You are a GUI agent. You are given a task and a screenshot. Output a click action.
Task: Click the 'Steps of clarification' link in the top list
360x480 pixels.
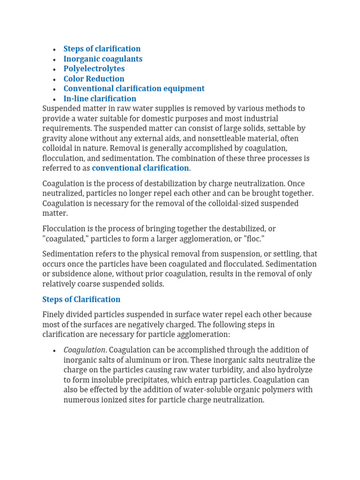102,49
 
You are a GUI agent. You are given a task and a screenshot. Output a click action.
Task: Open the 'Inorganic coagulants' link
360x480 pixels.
103,59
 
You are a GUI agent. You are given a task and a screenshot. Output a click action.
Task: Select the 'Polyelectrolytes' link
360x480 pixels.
94,69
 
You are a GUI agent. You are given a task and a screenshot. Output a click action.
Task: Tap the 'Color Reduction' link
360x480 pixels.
94,79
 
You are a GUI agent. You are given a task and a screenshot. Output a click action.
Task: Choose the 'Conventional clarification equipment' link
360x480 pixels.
134,89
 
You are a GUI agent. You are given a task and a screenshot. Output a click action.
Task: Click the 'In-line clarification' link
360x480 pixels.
100,98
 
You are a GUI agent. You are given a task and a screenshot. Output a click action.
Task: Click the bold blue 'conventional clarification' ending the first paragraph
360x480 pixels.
140,168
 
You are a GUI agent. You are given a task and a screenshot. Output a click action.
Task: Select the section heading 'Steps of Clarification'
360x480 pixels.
81,299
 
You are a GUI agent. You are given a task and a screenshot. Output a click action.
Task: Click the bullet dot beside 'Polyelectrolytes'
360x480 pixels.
55,69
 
